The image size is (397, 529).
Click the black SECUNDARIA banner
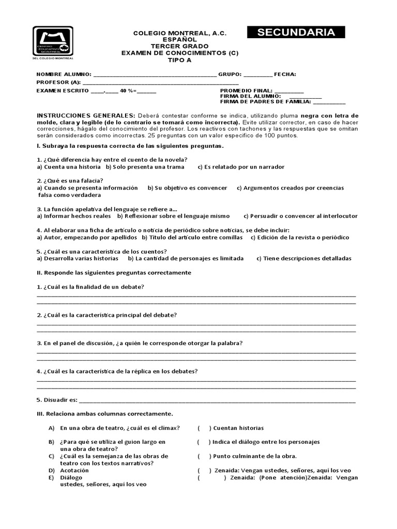pos(296,33)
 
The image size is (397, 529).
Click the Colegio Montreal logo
pos(53,43)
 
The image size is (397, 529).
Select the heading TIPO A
pos(179,59)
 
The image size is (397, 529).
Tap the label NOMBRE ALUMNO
pos(63,74)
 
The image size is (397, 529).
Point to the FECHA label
pos(285,74)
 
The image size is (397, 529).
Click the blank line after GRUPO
pos(257,75)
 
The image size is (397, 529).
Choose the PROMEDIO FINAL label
pos(241,91)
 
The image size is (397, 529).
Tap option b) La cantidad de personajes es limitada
pos(186,258)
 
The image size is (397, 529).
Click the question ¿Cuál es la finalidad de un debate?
pos(90,287)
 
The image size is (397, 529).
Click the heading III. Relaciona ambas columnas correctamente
pos(104,414)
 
